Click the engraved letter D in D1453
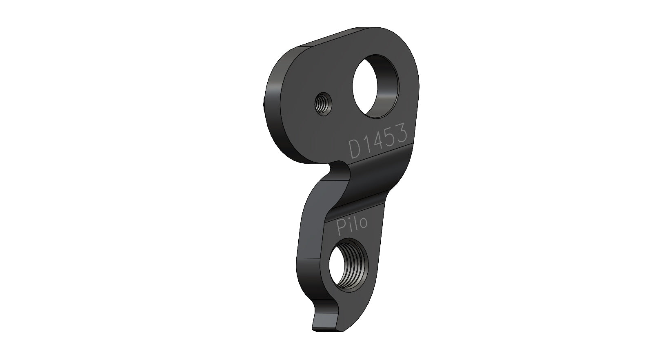click(x=354, y=150)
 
